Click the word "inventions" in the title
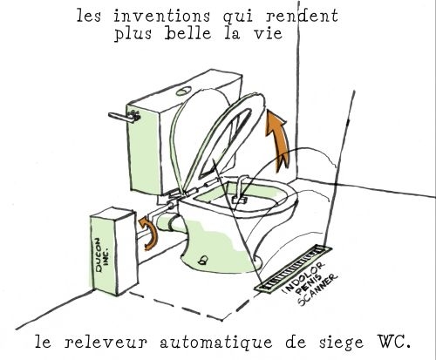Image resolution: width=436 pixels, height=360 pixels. (x=161, y=16)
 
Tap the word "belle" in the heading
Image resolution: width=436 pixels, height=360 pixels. (x=188, y=33)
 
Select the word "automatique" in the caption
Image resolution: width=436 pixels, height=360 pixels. (x=216, y=342)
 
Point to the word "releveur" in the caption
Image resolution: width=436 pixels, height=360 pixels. (x=106, y=342)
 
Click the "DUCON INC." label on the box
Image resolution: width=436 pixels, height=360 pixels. (x=102, y=255)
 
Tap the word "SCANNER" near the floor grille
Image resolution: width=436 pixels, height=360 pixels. (x=317, y=289)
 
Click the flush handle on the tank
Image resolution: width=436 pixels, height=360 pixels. (x=124, y=117)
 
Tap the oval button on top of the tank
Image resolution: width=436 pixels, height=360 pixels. (x=184, y=92)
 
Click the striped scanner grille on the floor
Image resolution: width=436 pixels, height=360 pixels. (x=293, y=268)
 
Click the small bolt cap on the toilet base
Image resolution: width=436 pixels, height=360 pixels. (x=202, y=260)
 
